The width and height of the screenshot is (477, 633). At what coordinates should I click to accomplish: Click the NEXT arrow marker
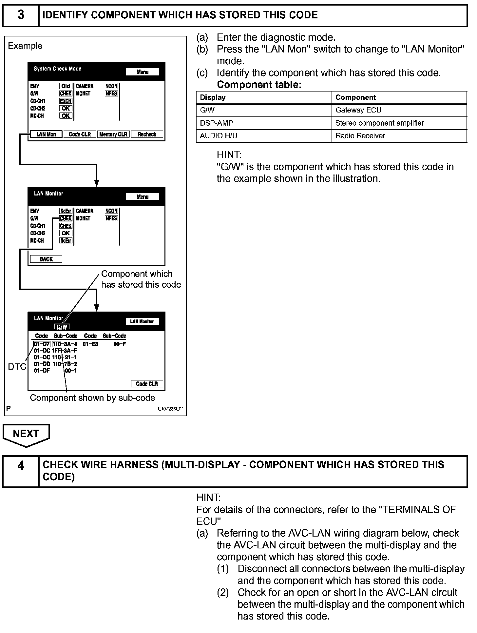coord(26,434)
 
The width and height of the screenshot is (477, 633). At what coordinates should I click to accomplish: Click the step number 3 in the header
coord(21,15)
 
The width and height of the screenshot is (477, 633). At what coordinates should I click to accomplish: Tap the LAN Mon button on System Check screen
coord(46,134)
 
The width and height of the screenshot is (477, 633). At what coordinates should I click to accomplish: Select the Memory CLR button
coord(113,134)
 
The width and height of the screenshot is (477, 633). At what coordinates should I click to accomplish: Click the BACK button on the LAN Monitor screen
coord(46,259)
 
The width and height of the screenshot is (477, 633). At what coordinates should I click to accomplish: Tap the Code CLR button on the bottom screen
coord(147,384)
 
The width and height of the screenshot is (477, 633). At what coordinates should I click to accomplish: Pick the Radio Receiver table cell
coord(360,136)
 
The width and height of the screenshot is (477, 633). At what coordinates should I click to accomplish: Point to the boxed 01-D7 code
coord(42,344)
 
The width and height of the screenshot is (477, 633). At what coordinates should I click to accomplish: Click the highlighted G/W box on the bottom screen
coord(62,327)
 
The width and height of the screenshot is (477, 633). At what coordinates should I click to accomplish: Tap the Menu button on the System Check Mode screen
coord(143,72)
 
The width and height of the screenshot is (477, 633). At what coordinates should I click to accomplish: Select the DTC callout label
coord(17,367)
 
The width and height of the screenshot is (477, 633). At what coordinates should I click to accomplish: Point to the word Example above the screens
coord(25,46)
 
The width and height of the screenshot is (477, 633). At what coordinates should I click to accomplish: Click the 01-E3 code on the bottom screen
coord(90,344)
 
